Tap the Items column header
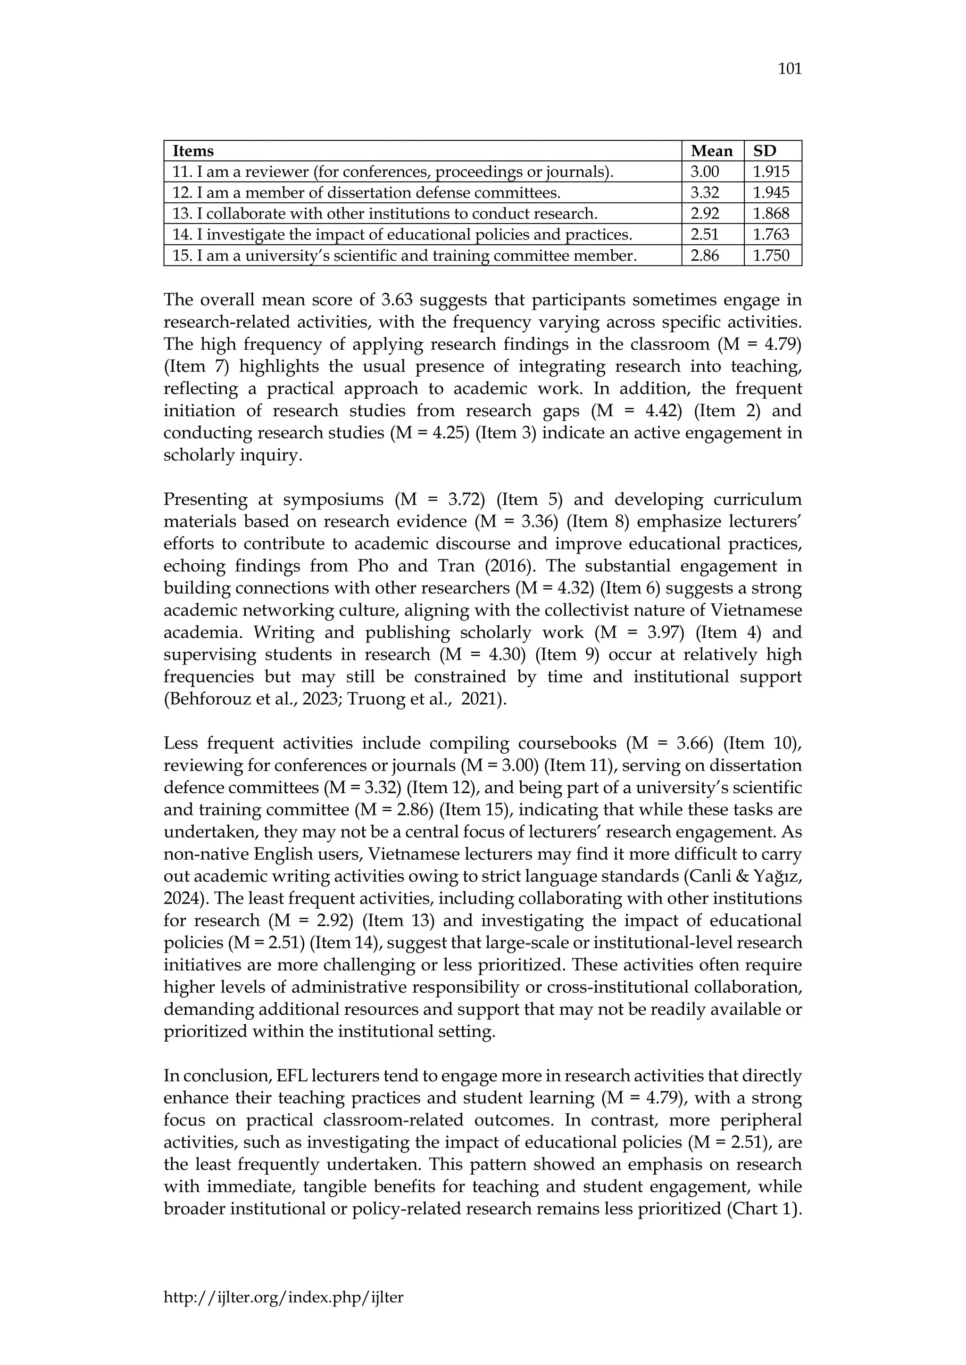pyautogui.click(x=193, y=151)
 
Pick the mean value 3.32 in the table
pyautogui.click(x=704, y=193)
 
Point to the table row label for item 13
pyautogui.click(x=384, y=214)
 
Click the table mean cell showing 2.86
pyautogui.click(x=704, y=255)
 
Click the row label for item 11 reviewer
pyautogui.click(x=392, y=172)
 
